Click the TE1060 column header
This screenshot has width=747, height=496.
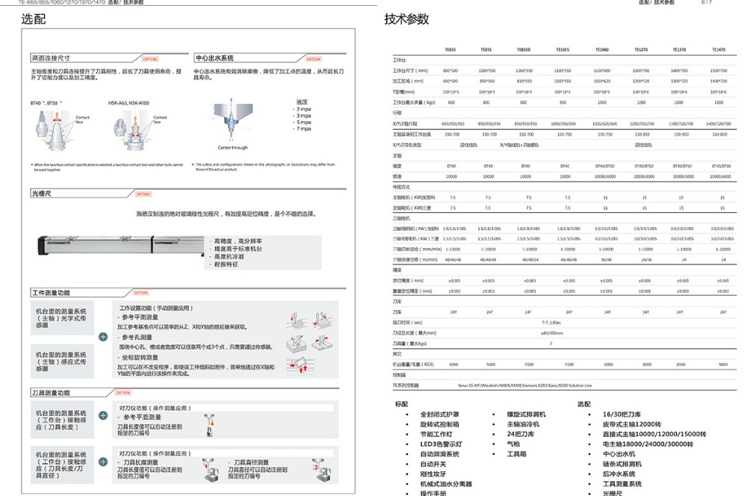pyautogui.click(x=602, y=49)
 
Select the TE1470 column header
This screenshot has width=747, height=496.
pyautogui.click(x=719, y=49)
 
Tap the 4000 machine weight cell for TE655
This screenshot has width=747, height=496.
pyautogui.click(x=453, y=365)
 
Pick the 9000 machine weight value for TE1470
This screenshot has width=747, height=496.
pyautogui.click(x=722, y=365)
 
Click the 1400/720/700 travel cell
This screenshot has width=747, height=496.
pyautogui.click(x=719, y=123)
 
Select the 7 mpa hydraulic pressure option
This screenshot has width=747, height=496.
pyautogui.click(x=303, y=128)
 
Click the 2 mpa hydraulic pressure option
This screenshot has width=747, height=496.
pyautogui.click(x=303, y=109)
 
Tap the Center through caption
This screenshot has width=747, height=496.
pyautogui.click(x=232, y=148)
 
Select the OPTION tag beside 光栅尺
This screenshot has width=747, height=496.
pyautogui.click(x=143, y=194)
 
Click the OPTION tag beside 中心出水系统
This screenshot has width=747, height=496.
pyautogui.click(x=313, y=58)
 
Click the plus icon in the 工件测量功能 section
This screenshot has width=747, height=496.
pyautogui.click(x=103, y=337)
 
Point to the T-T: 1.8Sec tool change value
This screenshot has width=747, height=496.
pyautogui.click(x=551, y=322)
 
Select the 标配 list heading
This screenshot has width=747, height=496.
pyautogui.click(x=402, y=404)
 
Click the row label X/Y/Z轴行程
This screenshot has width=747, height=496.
pyautogui.click(x=411, y=123)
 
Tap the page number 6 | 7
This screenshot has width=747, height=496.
pyautogui.click(x=727, y=3)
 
